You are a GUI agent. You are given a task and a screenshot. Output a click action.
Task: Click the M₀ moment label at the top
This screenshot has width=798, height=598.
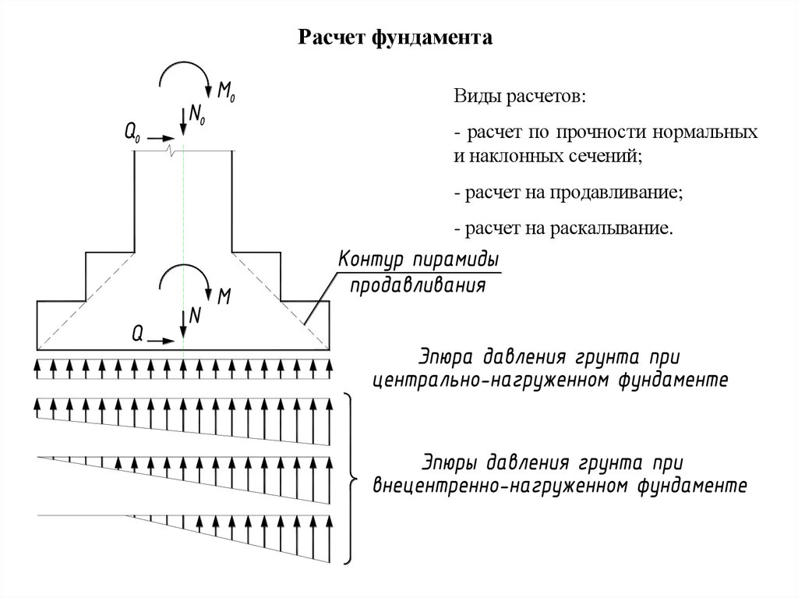click(226, 92)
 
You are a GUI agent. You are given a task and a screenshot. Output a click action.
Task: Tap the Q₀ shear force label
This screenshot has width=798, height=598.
click(132, 133)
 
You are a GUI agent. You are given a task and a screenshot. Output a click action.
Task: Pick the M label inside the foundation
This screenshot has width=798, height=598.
click(224, 296)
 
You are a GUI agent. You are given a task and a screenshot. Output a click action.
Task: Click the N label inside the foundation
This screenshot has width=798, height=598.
click(195, 316)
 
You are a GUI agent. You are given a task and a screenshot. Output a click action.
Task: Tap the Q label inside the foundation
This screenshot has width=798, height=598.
click(136, 334)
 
